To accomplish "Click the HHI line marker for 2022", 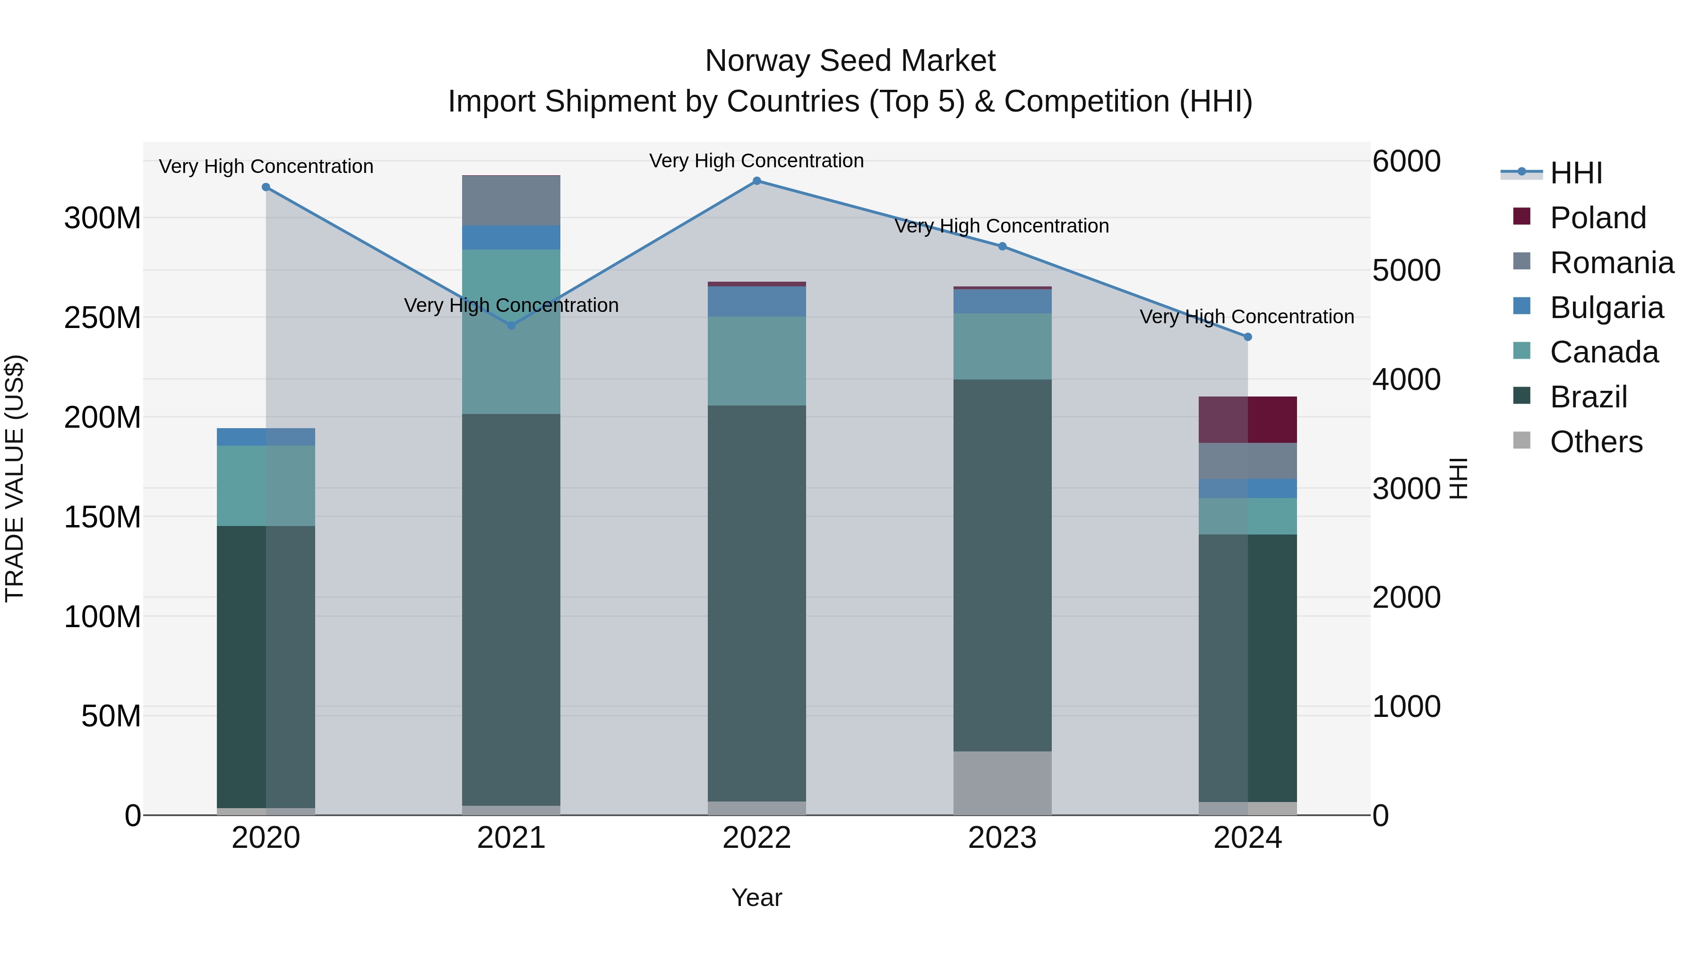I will [757, 181].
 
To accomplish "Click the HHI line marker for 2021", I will [511, 326].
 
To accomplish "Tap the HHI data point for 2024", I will [1247, 337].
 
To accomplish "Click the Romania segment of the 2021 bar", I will [511, 201].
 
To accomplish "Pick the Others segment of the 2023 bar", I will [1002, 783].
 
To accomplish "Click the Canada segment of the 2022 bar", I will [757, 361].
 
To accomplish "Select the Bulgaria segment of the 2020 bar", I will [266, 437].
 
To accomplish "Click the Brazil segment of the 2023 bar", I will [1002, 565].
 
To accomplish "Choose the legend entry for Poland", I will [1598, 218].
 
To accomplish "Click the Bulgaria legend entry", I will [1606, 308].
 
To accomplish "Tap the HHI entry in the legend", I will [1575, 173].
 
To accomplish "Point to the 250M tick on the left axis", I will [103, 318].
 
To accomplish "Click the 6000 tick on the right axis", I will [1406, 161].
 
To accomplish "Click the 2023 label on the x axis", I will [1002, 838].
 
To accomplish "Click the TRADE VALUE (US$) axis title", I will [15, 478].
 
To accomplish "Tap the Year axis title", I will [757, 897].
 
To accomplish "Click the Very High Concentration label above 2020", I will [266, 166].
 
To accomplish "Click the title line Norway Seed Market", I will [850, 61].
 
